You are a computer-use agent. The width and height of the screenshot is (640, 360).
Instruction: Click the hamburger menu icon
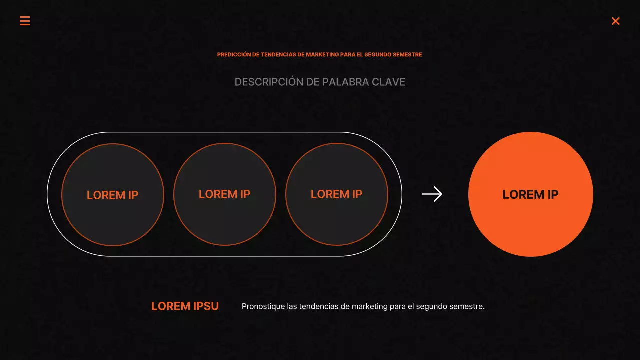pyautogui.click(x=25, y=21)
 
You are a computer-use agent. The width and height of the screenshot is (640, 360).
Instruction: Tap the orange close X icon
pyautogui.click(x=616, y=21)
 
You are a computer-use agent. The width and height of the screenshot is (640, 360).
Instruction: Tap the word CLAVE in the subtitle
pyautogui.click(x=388, y=82)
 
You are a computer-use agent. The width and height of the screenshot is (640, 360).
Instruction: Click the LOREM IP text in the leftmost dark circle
pyautogui.click(x=112, y=195)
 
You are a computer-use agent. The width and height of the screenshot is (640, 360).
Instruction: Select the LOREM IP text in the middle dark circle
pyautogui.click(x=224, y=194)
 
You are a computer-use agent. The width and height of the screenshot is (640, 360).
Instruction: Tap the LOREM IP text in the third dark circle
pyautogui.click(x=336, y=194)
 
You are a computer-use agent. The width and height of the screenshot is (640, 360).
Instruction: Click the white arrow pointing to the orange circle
pyautogui.click(x=432, y=194)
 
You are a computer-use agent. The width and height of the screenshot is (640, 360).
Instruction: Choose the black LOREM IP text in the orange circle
pyautogui.click(x=530, y=195)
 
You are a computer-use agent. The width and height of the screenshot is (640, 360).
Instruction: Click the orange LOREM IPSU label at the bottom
pyautogui.click(x=185, y=306)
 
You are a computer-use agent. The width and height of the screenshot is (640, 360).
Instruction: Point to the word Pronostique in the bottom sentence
pyautogui.click(x=263, y=306)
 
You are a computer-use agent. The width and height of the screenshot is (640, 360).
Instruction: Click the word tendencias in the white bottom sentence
pyautogui.click(x=318, y=306)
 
